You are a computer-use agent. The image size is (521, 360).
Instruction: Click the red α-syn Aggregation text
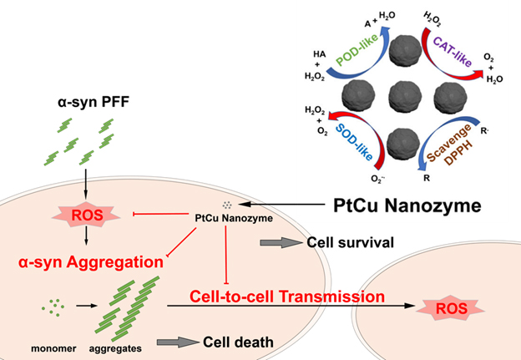pyautogui.click(x=86, y=261)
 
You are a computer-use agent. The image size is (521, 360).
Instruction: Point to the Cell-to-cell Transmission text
pyautogui.click(x=287, y=297)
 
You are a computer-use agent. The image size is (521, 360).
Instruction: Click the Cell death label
pyautogui.click(x=239, y=342)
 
